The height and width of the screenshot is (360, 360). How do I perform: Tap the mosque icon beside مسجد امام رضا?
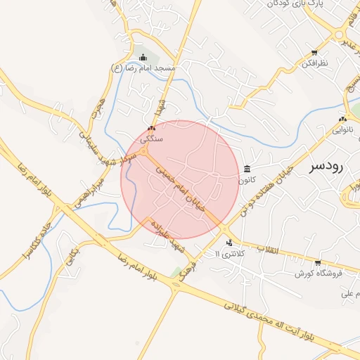pyautogui.click(x=143, y=58)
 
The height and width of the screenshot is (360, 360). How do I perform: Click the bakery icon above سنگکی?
pyautogui.click(x=151, y=129)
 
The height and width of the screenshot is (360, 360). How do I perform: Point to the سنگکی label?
pyautogui.click(x=151, y=139)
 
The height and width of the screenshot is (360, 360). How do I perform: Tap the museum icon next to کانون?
pyautogui.click(x=247, y=169)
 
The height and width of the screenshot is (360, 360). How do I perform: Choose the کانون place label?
pyautogui.click(x=247, y=179)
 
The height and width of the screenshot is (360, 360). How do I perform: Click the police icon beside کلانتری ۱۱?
pyautogui.click(x=229, y=243)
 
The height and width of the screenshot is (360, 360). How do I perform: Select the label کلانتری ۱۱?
pyautogui.click(x=229, y=253)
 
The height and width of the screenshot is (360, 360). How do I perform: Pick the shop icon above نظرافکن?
pyautogui.click(x=314, y=53)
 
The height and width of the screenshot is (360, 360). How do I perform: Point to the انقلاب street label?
pyautogui.click(x=269, y=250)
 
